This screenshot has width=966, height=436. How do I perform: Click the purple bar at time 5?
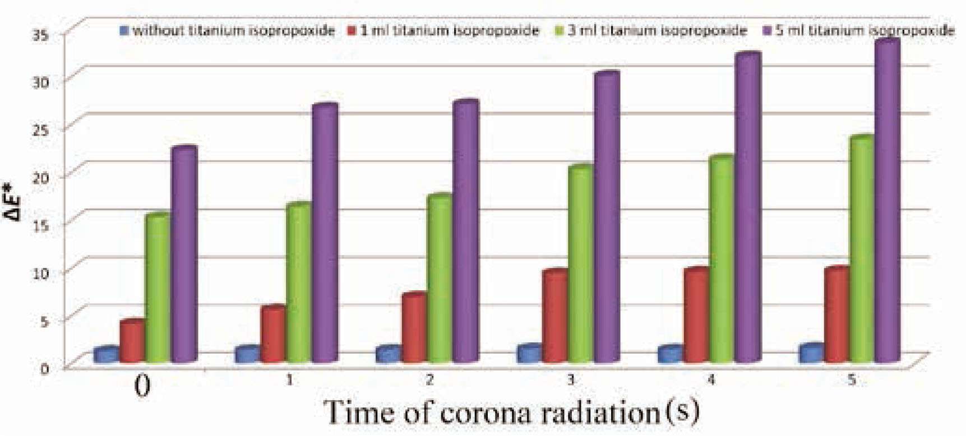point(888,202)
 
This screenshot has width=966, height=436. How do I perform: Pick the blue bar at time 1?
point(247,354)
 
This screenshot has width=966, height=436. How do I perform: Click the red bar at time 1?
point(273,334)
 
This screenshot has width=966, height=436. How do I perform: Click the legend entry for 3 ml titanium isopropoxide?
point(656,30)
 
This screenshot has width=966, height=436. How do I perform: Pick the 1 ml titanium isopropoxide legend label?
point(449,30)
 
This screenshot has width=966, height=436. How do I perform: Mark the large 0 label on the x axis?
point(143,387)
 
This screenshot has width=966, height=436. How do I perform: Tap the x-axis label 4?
point(711,380)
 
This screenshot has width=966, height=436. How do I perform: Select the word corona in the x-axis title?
point(486,412)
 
